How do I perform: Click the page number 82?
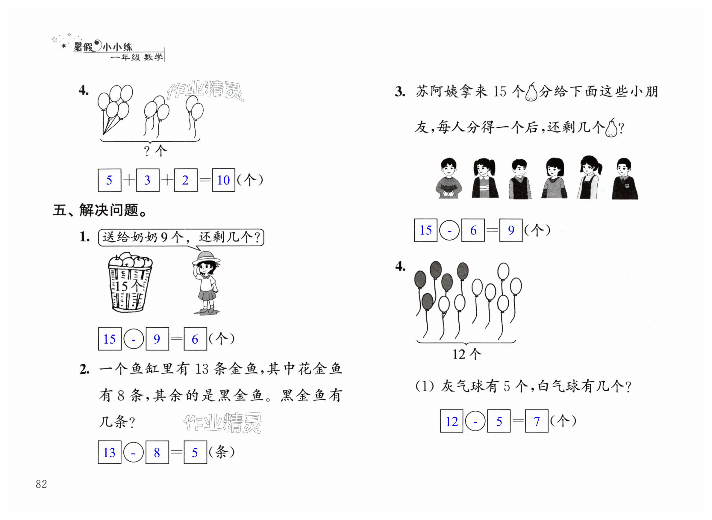click(41, 484)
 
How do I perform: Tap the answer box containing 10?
click(223, 180)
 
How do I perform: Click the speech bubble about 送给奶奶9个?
click(181, 237)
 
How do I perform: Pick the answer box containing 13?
click(110, 452)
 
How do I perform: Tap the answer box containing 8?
click(157, 452)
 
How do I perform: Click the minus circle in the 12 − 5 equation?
click(475, 421)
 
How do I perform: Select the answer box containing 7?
click(537, 421)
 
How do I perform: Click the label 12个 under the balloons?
click(466, 354)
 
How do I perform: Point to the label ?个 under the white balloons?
click(155, 151)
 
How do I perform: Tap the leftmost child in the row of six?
click(448, 178)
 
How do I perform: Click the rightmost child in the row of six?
click(625, 179)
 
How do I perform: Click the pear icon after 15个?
click(531, 92)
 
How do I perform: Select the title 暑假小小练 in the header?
click(103, 47)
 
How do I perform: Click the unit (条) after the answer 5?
click(222, 452)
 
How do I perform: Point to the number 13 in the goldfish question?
click(202, 369)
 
